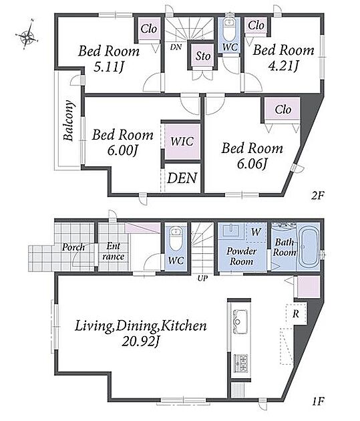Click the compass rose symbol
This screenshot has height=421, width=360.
coord(27,35)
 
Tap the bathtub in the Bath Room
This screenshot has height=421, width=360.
coord(309,247)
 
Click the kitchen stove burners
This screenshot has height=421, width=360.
coord(240,363)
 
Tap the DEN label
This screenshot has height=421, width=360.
coord(182,178)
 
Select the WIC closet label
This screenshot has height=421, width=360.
coord(182,141)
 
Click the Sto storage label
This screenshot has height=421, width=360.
coord(203,56)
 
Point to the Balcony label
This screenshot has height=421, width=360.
coord(68,120)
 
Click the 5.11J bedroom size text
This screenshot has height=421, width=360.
coord(108,67)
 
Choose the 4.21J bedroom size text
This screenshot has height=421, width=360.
coord(283,65)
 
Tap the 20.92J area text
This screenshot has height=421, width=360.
coord(141,341)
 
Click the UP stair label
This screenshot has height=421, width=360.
coord(202,279)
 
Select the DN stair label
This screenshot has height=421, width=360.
coord(176,47)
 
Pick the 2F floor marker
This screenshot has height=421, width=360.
coord(318,196)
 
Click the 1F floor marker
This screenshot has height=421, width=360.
coord(319,402)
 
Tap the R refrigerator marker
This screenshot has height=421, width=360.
coord(296,313)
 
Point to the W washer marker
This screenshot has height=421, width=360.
coord(256,232)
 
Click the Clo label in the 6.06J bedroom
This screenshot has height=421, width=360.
coord(283,110)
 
